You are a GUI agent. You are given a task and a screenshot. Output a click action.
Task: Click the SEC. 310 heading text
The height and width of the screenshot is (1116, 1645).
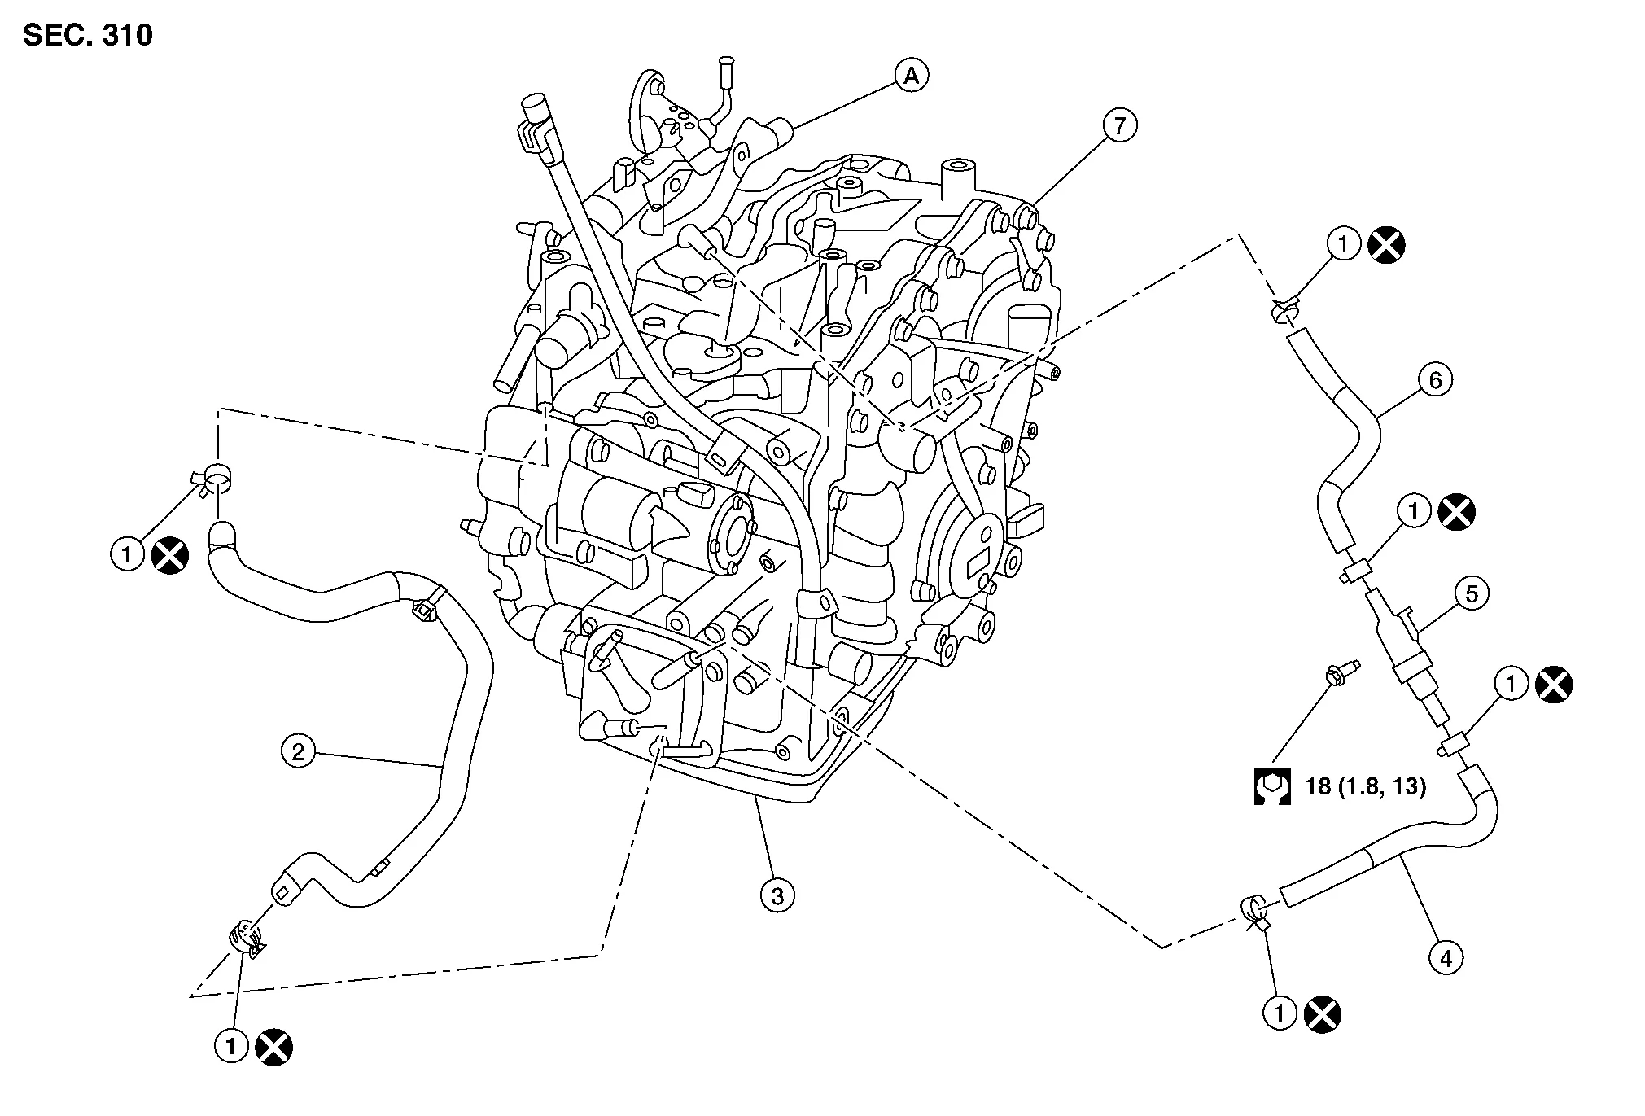(x=88, y=36)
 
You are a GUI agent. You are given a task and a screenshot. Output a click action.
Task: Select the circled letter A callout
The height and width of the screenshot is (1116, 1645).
(x=912, y=76)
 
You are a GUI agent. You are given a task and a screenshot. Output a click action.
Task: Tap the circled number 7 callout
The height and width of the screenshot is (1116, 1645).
(x=1120, y=126)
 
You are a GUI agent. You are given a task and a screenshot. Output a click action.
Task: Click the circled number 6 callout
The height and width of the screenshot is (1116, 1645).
(x=1435, y=380)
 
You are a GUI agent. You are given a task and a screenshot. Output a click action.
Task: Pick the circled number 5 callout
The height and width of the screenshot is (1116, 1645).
(x=1472, y=593)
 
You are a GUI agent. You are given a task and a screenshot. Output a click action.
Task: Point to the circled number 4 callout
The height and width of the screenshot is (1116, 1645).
(x=1446, y=959)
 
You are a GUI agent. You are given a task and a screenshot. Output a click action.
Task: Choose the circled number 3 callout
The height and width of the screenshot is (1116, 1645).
(x=777, y=896)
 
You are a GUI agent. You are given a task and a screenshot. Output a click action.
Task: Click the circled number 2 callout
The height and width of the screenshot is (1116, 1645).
(x=298, y=751)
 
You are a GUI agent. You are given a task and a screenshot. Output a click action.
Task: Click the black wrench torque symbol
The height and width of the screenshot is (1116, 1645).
(x=1272, y=786)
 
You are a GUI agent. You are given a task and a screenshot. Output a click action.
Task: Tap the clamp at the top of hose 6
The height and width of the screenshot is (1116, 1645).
(x=1284, y=311)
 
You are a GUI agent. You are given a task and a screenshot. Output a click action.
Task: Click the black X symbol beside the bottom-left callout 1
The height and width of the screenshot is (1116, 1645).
(x=274, y=1047)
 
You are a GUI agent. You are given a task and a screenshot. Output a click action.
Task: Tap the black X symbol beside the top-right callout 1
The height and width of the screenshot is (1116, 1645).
(x=1387, y=244)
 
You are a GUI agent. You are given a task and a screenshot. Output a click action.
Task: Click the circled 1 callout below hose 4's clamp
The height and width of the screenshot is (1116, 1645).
(x=1280, y=1014)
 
